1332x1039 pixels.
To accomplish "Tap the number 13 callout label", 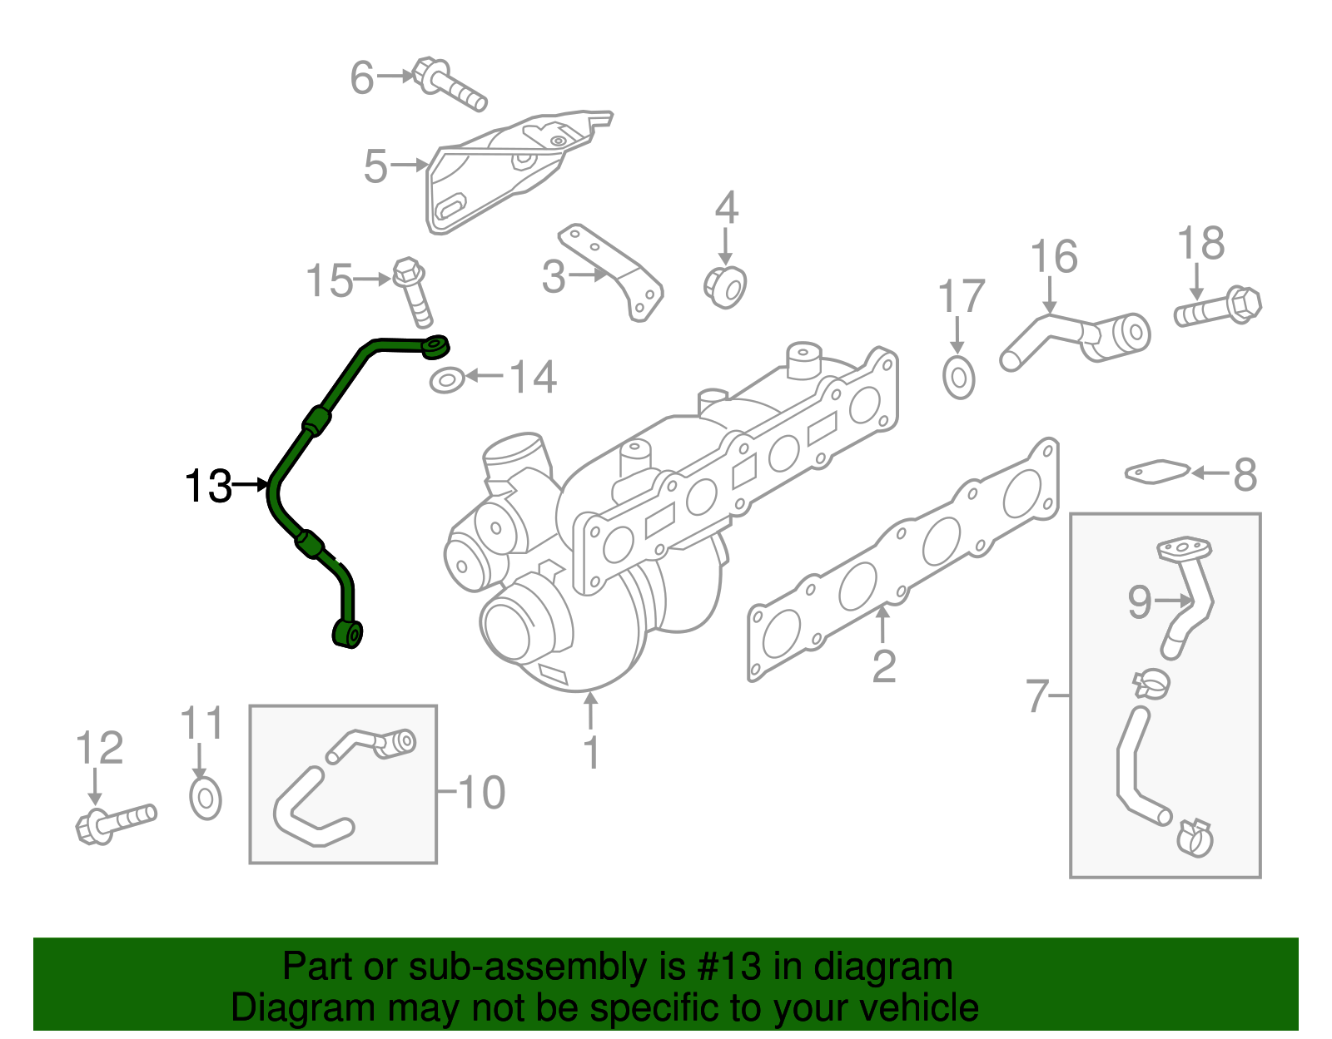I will click(208, 487).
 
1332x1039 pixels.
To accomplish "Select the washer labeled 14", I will click(447, 381).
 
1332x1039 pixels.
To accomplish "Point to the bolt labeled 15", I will click(413, 292).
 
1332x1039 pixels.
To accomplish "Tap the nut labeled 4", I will click(725, 286).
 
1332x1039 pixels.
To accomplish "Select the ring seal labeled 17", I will click(959, 378).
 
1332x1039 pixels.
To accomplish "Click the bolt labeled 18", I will click(1218, 308).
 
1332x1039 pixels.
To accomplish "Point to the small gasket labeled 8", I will click(1156, 473).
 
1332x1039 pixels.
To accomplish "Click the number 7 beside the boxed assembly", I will click(1037, 695).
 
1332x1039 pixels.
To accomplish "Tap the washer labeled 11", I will click(205, 799).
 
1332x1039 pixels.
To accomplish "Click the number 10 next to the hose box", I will click(481, 792).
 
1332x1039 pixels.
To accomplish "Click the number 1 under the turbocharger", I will click(591, 752).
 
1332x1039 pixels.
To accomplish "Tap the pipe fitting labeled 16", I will click(1074, 337).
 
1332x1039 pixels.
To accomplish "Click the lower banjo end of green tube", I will click(348, 633).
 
